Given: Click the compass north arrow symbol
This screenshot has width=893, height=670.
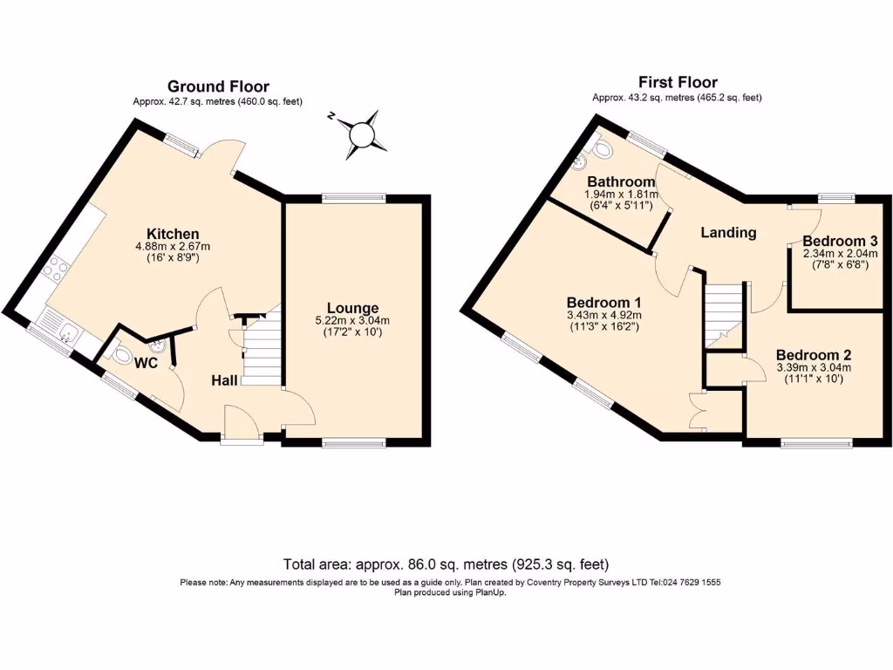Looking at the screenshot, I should click(x=360, y=135).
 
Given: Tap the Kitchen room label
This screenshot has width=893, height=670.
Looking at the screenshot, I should click(x=173, y=234).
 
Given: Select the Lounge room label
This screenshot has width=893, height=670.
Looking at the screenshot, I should click(x=352, y=308).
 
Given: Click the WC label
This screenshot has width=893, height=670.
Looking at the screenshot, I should click(x=146, y=362).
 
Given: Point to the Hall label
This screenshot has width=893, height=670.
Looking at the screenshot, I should click(x=225, y=380).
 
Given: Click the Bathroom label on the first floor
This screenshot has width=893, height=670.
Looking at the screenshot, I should click(x=620, y=181).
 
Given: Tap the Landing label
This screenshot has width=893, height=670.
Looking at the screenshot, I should click(x=728, y=232).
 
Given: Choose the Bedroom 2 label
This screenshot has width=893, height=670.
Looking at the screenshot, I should click(x=813, y=355).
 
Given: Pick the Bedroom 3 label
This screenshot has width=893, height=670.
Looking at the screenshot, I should click(x=835, y=240).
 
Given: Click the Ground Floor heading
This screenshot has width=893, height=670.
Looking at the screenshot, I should click(x=218, y=86).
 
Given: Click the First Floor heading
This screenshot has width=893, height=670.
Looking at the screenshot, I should click(x=677, y=82).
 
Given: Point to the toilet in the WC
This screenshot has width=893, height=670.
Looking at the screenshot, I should click(x=120, y=353).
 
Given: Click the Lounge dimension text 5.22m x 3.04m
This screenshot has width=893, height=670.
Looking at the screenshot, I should click(x=352, y=320).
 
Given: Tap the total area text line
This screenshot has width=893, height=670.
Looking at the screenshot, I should click(x=446, y=564).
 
